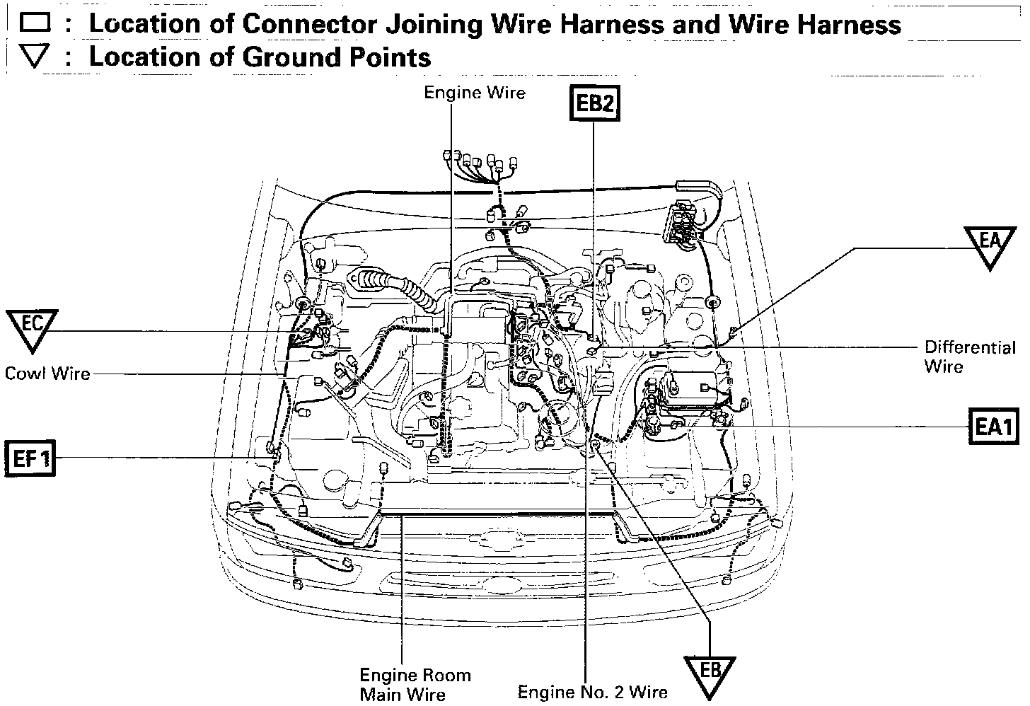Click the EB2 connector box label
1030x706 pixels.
click(x=594, y=103)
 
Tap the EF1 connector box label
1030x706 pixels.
click(x=30, y=459)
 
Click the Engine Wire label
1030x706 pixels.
click(x=475, y=93)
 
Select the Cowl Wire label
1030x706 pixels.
click(x=47, y=373)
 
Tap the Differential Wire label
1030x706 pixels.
click(x=970, y=357)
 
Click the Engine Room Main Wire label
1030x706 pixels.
click(x=415, y=684)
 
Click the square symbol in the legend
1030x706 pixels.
click(x=34, y=23)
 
